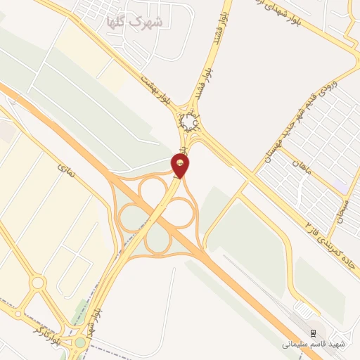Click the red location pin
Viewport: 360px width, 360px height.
pyautogui.click(x=182, y=166)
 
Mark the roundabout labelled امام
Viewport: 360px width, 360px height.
pyautogui.click(x=190, y=124)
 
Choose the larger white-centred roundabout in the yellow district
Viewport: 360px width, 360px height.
pyautogui.click(x=38, y=283)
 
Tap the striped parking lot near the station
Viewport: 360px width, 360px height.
pyautogui.click(x=304, y=309)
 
